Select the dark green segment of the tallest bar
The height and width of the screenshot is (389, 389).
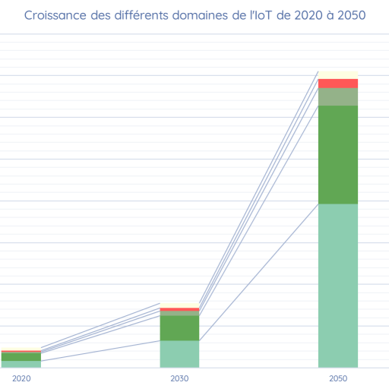pos(338,154)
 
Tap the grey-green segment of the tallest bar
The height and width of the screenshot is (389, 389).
pos(338,96)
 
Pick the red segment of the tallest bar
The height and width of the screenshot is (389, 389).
pos(338,83)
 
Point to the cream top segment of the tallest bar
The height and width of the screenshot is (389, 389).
pos(338,74)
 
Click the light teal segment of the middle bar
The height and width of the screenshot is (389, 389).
pos(179,354)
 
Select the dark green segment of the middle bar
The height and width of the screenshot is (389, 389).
pos(179,327)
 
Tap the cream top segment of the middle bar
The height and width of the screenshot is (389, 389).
pos(179,305)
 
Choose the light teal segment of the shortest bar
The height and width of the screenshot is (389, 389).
pos(21,364)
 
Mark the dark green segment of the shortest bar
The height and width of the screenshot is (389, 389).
pos(21,356)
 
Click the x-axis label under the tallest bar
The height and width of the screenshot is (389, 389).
pos(338,378)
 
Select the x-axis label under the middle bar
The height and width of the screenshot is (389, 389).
pos(179,378)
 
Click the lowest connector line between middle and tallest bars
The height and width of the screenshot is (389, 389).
pos(258,273)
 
